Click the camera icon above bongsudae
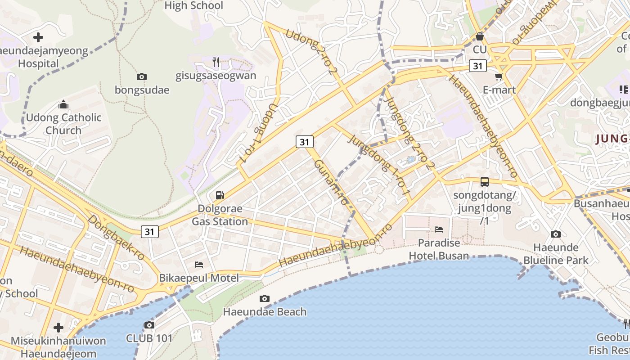142,77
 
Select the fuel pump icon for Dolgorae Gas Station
220,195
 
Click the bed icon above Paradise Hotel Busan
439,229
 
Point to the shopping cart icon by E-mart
499,77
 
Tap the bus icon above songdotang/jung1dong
484,182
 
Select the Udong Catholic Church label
63,124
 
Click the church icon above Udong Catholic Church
63,105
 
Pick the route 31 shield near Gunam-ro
305,142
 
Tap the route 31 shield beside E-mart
478,66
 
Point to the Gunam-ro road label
331,182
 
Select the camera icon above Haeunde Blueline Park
556,234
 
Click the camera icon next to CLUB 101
149,325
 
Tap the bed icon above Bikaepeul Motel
199,264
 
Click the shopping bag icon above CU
480,36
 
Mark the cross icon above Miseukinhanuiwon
58,327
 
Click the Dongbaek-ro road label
116,237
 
